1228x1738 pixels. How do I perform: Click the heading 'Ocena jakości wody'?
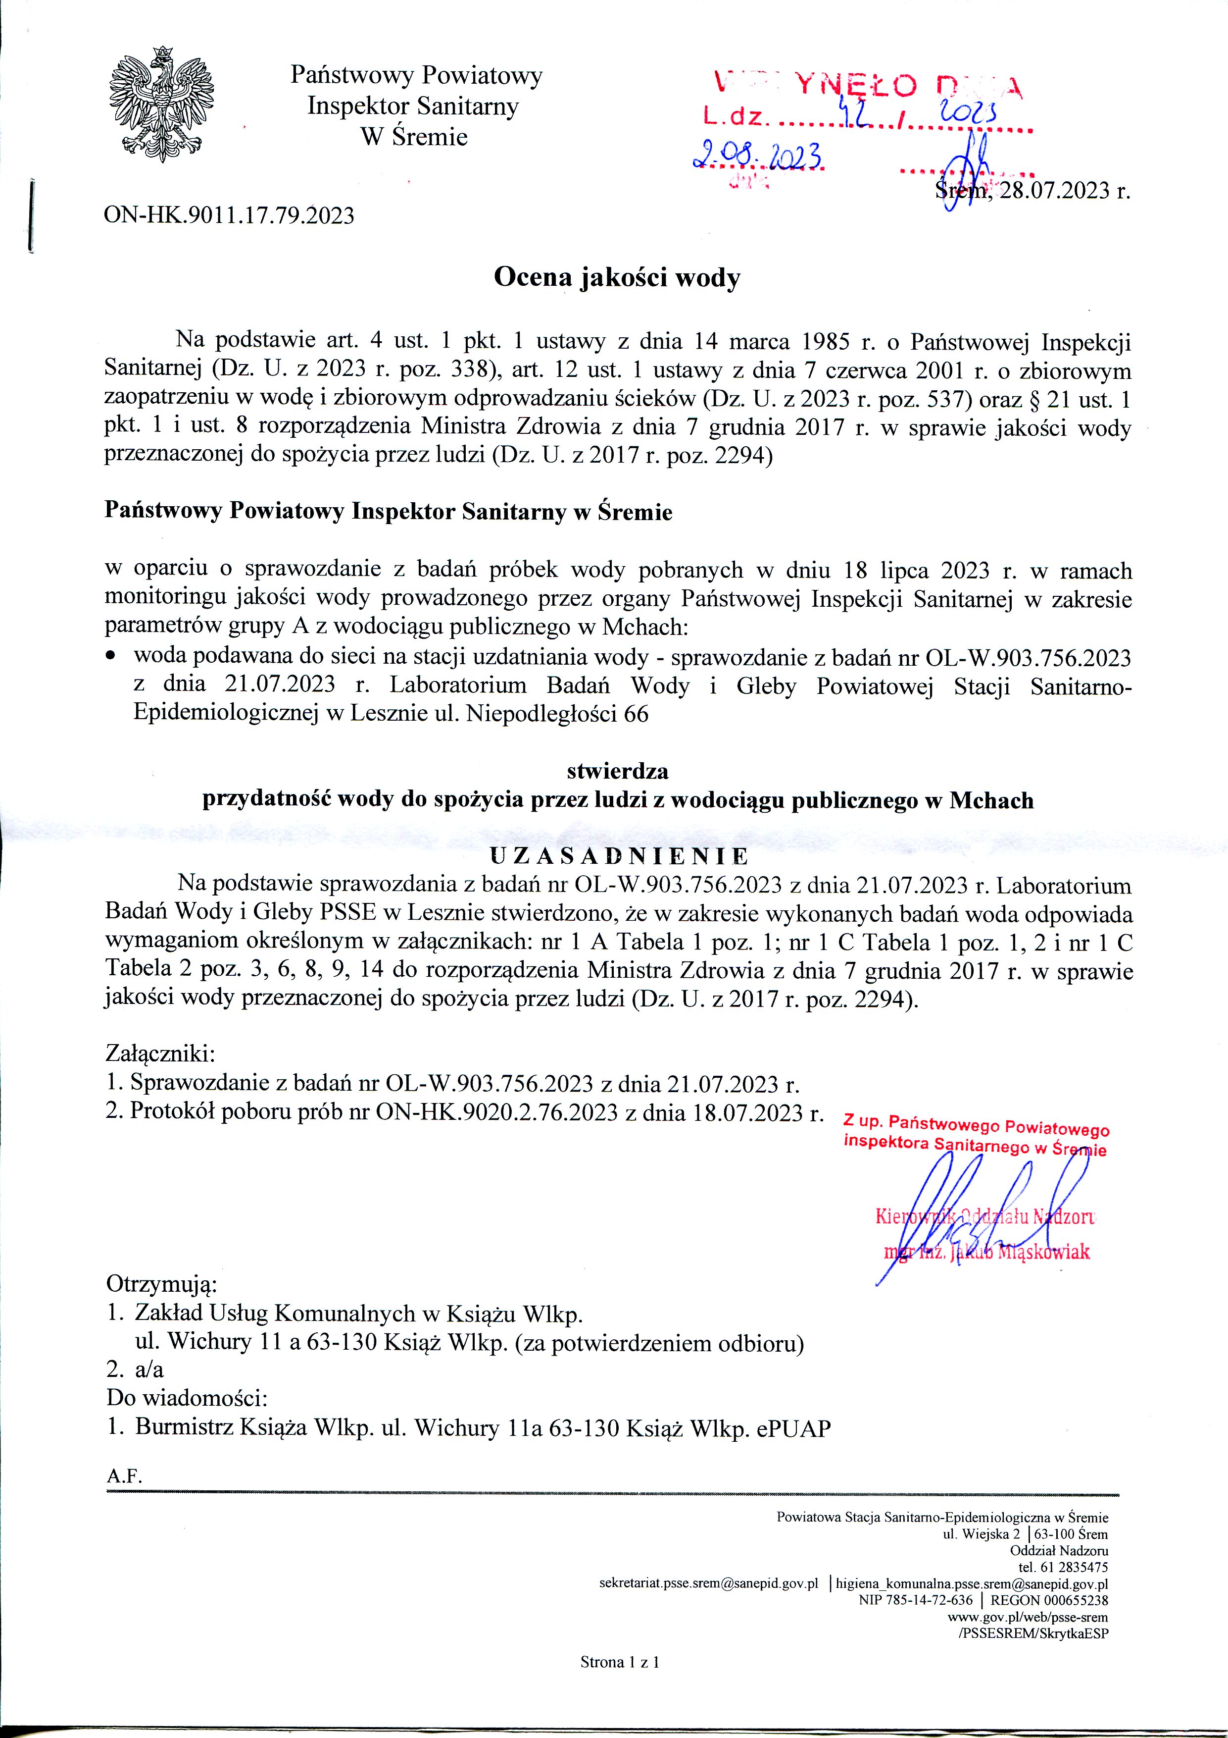[617, 278]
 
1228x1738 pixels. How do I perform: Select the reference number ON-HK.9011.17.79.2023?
[229, 216]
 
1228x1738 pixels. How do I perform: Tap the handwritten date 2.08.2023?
[758, 157]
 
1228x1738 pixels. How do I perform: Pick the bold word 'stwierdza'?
[617, 771]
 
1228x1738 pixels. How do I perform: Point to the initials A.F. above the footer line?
[125, 1475]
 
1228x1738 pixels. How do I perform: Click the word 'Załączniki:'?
[161, 1053]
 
